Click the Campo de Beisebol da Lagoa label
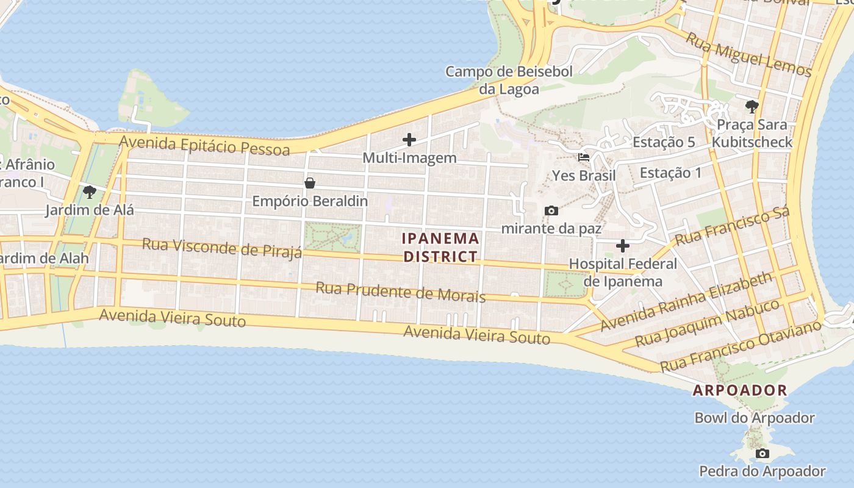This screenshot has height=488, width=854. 509,81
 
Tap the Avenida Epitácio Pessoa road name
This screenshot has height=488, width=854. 204,145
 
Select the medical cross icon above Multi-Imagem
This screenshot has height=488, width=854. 409,140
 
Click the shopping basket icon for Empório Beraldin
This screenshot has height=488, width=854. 310,183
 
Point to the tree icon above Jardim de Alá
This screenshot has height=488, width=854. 90,193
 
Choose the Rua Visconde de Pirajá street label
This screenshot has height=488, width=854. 222,248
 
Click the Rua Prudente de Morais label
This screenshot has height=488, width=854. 400,292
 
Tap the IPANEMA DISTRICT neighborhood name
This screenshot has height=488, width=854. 440,247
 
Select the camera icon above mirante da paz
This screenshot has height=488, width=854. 551,211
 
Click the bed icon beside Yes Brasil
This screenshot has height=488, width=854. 584,157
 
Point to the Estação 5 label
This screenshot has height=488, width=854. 664,142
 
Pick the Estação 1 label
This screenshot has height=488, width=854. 670,173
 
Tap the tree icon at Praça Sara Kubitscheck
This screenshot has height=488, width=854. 752,107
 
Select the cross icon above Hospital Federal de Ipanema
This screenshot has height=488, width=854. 623,246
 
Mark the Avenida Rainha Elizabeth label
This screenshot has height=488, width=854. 686,303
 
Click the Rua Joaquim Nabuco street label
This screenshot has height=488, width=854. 708,323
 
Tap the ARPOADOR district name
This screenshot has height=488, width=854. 739,390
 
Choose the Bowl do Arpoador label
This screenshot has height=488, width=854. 755,418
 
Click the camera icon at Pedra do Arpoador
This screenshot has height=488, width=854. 762,454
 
